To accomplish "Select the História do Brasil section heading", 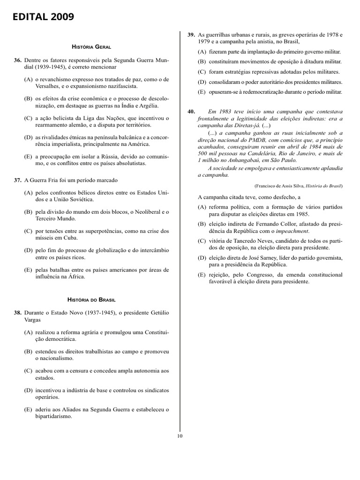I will (91, 299).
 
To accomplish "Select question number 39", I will (191, 35).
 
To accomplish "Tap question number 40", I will (191, 112).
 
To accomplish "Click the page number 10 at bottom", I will (180, 435).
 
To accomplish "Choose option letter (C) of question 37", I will (29, 231).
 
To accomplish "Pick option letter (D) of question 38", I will (29, 390).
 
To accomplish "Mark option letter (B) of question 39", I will (202, 62).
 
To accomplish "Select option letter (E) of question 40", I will (202, 275).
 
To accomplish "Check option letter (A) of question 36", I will (29, 80).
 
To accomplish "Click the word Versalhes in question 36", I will (49, 87).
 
